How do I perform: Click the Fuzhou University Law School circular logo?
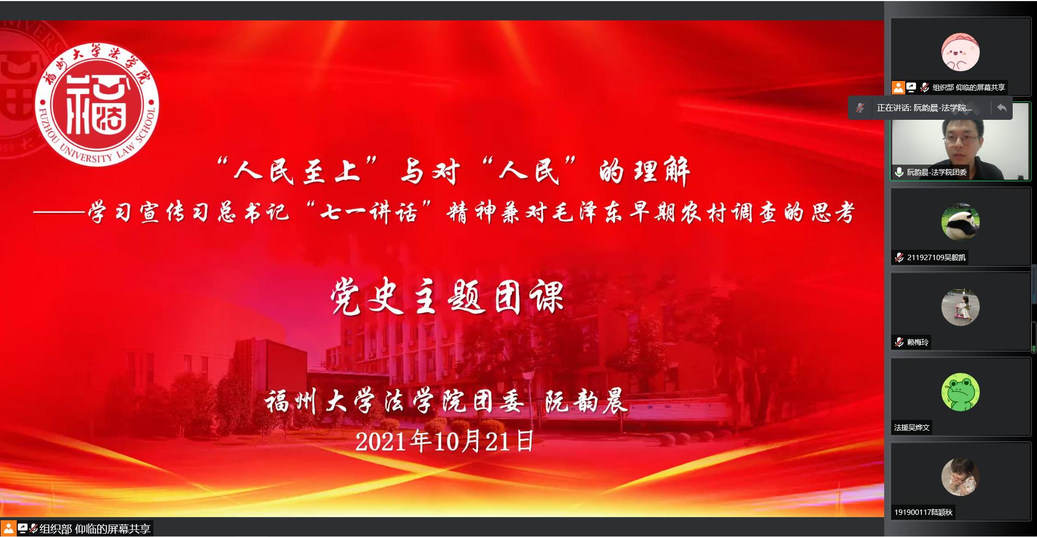[97, 105]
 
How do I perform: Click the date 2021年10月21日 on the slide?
[445, 441]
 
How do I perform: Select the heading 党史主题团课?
[447, 296]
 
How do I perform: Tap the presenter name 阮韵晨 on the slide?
[586, 401]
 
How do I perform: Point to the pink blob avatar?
[960, 52]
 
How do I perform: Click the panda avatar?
[960, 222]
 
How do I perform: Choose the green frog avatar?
[960, 392]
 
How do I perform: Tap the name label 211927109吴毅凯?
[936, 257]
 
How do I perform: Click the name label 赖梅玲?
[918, 342]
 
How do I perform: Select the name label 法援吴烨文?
[912, 427]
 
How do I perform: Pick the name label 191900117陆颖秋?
[923, 512]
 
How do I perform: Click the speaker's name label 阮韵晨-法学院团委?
[937, 172]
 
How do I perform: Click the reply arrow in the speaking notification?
[1002, 108]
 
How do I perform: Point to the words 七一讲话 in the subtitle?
[368, 212]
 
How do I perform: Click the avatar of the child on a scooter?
[960, 307]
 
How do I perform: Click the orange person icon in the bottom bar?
[8, 528]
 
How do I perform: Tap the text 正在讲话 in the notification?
[893, 108]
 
